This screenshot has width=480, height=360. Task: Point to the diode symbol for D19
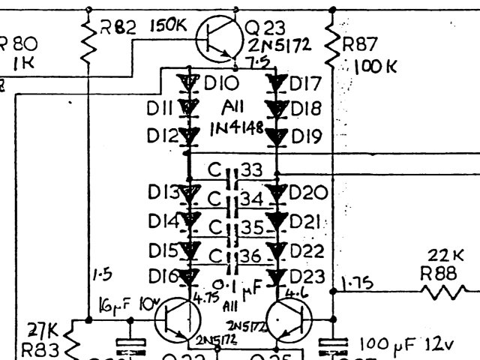coord(277,136)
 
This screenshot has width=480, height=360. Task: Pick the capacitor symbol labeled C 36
coord(233,256)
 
